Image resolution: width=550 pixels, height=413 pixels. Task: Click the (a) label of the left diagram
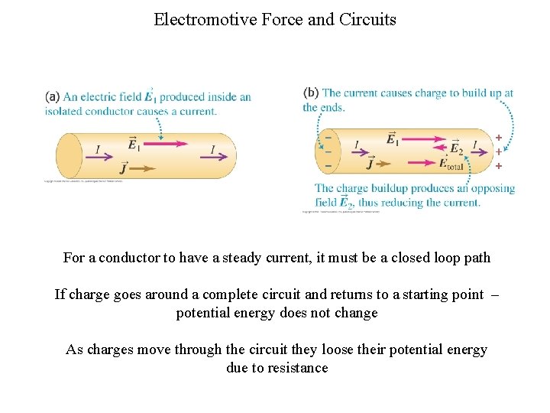[52, 96]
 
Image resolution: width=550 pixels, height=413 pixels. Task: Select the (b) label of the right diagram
[311, 93]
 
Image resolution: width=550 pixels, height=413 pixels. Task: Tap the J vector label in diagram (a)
[124, 167]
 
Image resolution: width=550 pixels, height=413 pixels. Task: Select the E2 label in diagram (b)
[456, 148]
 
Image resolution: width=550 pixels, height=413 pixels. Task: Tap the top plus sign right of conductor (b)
[499, 138]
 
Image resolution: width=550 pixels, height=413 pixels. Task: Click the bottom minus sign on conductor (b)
[328, 165]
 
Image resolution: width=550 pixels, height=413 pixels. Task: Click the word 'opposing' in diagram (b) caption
[490, 188]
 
